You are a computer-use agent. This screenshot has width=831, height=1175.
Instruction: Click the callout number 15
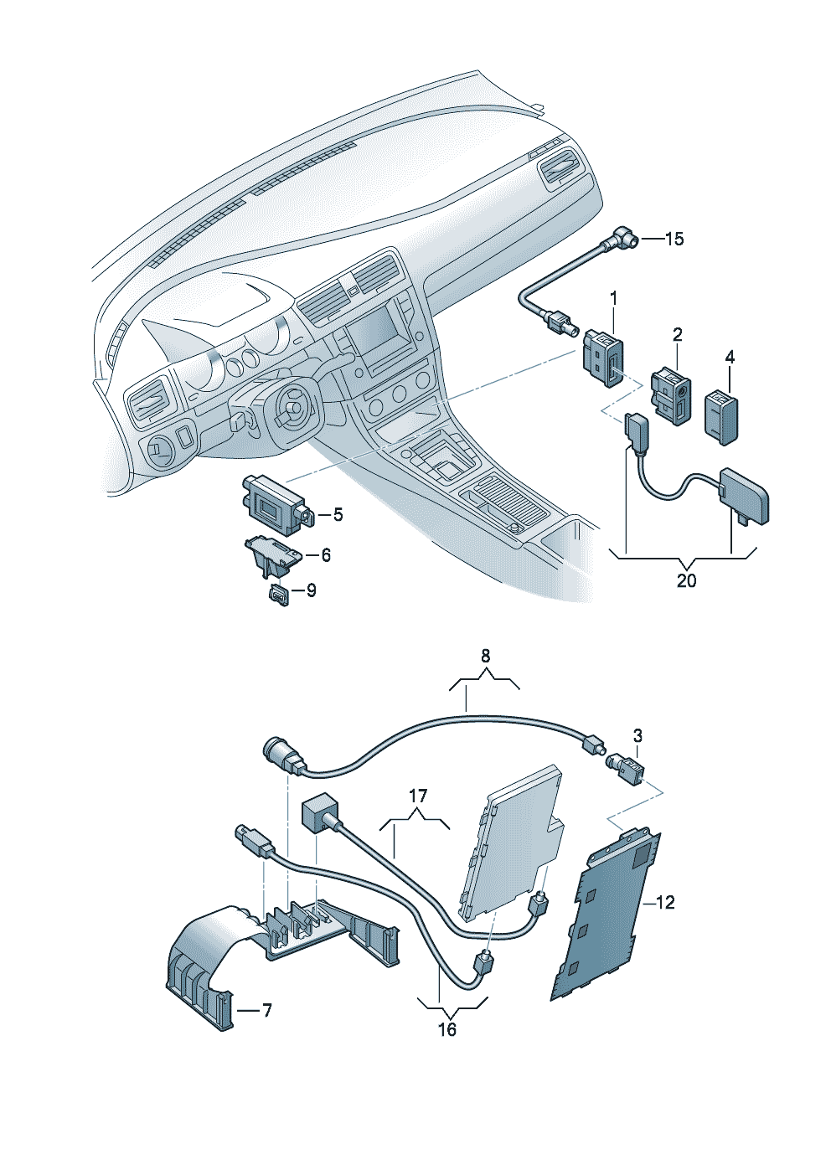click(674, 240)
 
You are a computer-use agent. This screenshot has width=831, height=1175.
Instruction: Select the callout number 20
click(686, 580)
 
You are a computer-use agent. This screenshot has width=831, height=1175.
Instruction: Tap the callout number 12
click(664, 903)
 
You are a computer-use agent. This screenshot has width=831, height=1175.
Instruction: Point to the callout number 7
click(266, 1011)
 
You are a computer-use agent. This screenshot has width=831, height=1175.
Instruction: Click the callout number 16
click(447, 1029)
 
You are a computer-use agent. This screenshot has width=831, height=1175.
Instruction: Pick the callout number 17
click(418, 795)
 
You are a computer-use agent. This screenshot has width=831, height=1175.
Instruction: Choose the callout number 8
click(486, 657)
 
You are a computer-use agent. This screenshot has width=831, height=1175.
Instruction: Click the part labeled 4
click(723, 414)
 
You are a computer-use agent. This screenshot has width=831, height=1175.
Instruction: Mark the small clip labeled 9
click(278, 595)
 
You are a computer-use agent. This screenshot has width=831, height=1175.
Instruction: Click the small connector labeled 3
click(631, 767)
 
